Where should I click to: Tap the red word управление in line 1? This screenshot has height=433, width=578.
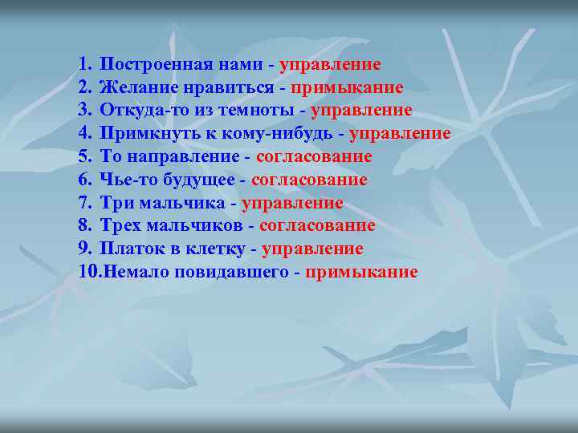pos(330,64)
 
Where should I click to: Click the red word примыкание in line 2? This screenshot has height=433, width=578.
pos(348,87)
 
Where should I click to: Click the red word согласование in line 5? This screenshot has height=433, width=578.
pos(315,157)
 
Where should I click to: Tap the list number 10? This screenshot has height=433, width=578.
pos(88,273)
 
